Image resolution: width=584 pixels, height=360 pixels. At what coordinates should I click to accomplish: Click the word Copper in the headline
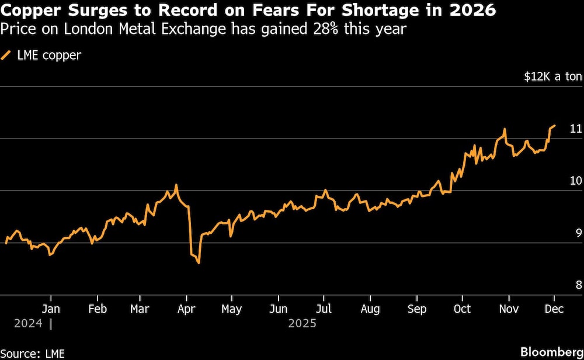tap(30, 11)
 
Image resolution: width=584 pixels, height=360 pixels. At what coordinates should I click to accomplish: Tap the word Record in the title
tap(176, 11)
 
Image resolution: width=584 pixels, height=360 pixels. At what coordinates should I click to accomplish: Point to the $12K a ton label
tap(552, 77)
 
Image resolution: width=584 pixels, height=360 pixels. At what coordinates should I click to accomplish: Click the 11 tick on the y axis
tap(576, 129)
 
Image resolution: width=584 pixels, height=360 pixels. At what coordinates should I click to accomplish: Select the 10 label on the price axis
tap(576, 181)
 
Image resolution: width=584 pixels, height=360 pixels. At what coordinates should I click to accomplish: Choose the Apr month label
tap(186, 309)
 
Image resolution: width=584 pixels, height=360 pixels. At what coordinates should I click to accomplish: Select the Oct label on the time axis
tap(463, 309)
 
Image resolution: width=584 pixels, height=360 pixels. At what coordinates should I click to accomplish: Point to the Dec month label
tap(554, 309)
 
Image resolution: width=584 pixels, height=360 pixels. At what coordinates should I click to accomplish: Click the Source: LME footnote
tap(33, 353)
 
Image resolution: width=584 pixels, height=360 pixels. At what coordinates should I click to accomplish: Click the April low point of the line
tap(199, 263)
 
